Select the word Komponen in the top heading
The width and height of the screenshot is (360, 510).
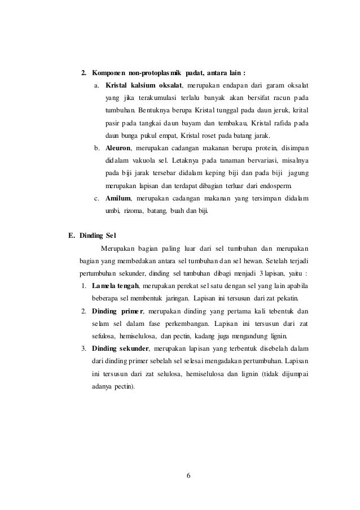107,74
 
